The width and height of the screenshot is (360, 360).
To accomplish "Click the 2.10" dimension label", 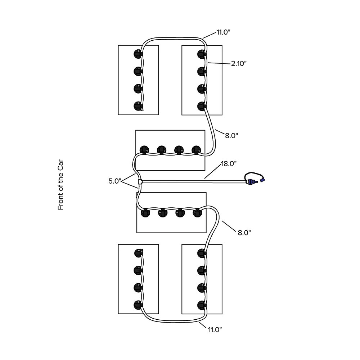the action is tap(239, 63).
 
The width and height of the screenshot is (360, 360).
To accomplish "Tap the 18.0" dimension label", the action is tap(229, 164).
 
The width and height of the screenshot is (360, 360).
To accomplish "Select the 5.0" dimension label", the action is tap(114, 181).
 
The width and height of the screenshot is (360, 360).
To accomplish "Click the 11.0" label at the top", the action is tap(224, 32).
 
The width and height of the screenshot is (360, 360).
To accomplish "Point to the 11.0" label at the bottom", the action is tap(215, 330).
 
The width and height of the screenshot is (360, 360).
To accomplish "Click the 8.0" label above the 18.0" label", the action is tap(231, 135).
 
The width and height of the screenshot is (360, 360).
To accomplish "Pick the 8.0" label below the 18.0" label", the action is tap(244, 233).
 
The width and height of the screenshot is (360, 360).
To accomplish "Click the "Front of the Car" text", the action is tap(60, 185).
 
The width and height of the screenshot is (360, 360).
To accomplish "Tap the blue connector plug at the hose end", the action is tap(262, 180).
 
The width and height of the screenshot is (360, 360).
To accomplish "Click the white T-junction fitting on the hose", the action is tap(140, 181).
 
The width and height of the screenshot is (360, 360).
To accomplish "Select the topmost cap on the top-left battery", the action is tap(138, 54).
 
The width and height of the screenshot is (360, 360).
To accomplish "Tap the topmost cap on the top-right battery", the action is tap(202, 54).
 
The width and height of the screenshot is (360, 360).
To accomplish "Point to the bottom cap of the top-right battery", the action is tap(202, 106).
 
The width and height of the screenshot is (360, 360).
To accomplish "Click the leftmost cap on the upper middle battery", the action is tap(144, 150).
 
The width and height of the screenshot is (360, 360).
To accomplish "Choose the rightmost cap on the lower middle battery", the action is tap(197, 213).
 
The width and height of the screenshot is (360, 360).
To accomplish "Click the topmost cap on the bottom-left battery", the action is tap(139, 253).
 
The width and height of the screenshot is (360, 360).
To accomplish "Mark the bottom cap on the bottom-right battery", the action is tap(202, 305).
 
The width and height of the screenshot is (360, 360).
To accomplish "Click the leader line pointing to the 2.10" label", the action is tap(219, 63).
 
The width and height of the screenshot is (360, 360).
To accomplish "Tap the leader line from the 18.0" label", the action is tap(213, 171).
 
